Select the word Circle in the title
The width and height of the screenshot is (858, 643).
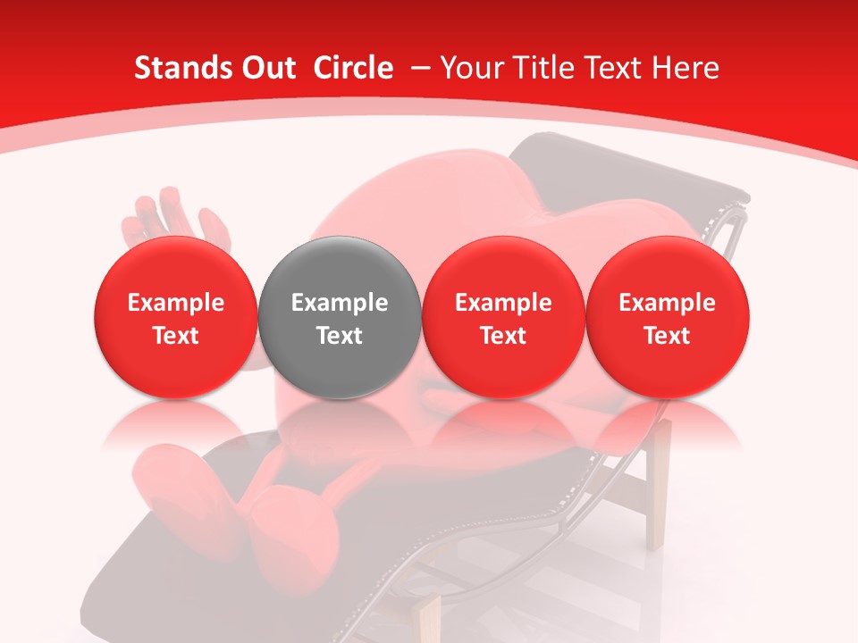tap(353, 68)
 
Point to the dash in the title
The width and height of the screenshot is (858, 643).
tap(420, 68)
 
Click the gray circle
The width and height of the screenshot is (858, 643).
tap(340, 357)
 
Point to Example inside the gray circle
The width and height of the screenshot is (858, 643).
tap(340, 303)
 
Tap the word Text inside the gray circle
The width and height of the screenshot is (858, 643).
tap(340, 336)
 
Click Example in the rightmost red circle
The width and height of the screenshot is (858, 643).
tap(668, 303)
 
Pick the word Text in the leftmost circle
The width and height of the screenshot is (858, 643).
tap(176, 336)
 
